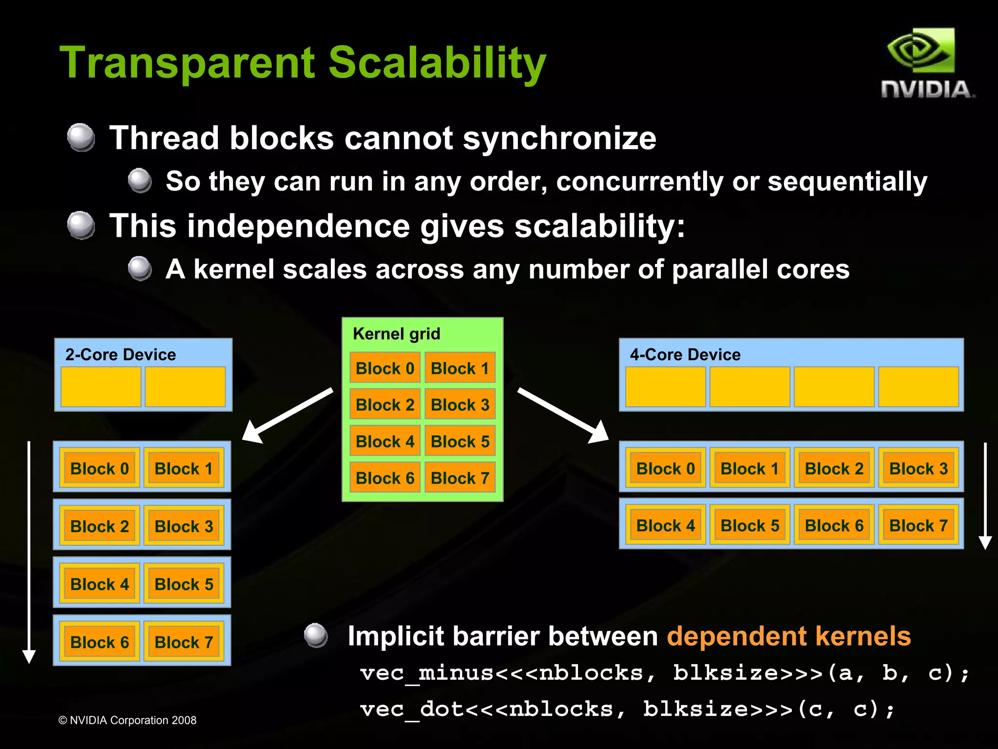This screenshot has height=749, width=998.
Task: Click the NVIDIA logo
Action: click(x=926, y=63)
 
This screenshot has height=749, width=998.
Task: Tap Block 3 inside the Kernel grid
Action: click(x=460, y=404)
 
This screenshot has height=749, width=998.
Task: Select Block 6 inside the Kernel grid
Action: click(x=385, y=478)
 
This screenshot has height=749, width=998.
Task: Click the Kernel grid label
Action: click(x=396, y=334)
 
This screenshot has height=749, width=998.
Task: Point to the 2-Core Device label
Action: click(x=120, y=354)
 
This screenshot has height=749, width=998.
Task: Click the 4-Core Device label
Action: click(x=685, y=354)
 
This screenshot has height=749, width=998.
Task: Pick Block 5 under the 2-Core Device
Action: click(x=184, y=584)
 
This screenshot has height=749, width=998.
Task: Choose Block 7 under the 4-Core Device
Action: click(x=918, y=525)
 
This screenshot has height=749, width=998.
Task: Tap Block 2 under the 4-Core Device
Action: click(x=834, y=468)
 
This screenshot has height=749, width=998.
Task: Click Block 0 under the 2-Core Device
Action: click(x=99, y=468)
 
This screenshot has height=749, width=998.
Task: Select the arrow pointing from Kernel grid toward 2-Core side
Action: click(x=288, y=416)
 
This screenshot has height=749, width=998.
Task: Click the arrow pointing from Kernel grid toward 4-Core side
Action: click(x=563, y=415)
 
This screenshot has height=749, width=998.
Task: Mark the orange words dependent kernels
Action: click(x=788, y=636)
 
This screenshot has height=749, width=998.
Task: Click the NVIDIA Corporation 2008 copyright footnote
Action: click(x=127, y=720)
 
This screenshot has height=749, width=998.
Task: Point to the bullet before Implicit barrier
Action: click(x=316, y=635)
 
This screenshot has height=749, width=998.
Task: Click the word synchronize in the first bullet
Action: click(x=559, y=138)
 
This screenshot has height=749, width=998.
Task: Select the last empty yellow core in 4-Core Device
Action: click(x=918, y=386)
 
